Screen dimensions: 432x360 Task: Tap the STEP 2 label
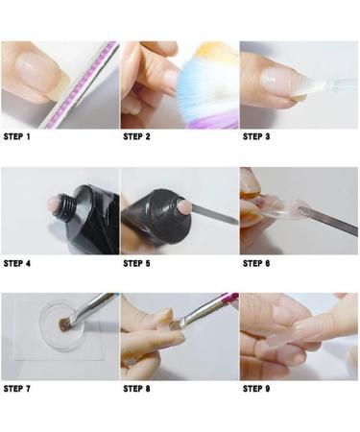[137, 136]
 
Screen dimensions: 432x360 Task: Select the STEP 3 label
[256, 136]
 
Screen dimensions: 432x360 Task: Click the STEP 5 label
[137, 263]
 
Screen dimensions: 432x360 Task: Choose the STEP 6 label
[256, 263]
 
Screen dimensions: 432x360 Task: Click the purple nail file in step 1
[82, 86]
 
